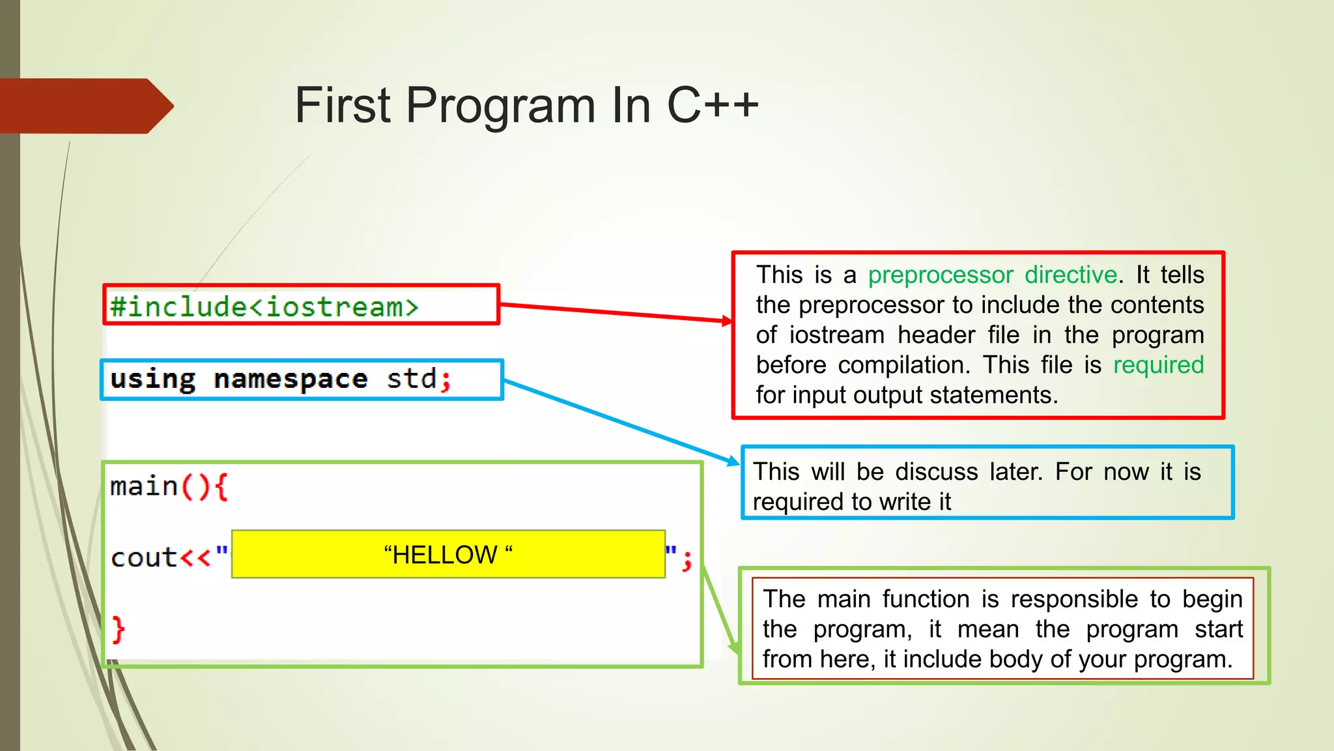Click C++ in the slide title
pos(713,106)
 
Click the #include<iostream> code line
pos(264,306)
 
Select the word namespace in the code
pos(291,379)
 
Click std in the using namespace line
pos(412,378)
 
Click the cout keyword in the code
pos(144,558)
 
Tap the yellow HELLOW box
pos(448,555)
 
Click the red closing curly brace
pos(118,630)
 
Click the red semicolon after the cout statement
pos(687,561)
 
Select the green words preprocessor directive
pos(993,275)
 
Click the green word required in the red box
pos(1158,365)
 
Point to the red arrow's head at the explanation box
pos(728,320)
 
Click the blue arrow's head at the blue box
pos(734,462)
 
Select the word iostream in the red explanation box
pos(837,335)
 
